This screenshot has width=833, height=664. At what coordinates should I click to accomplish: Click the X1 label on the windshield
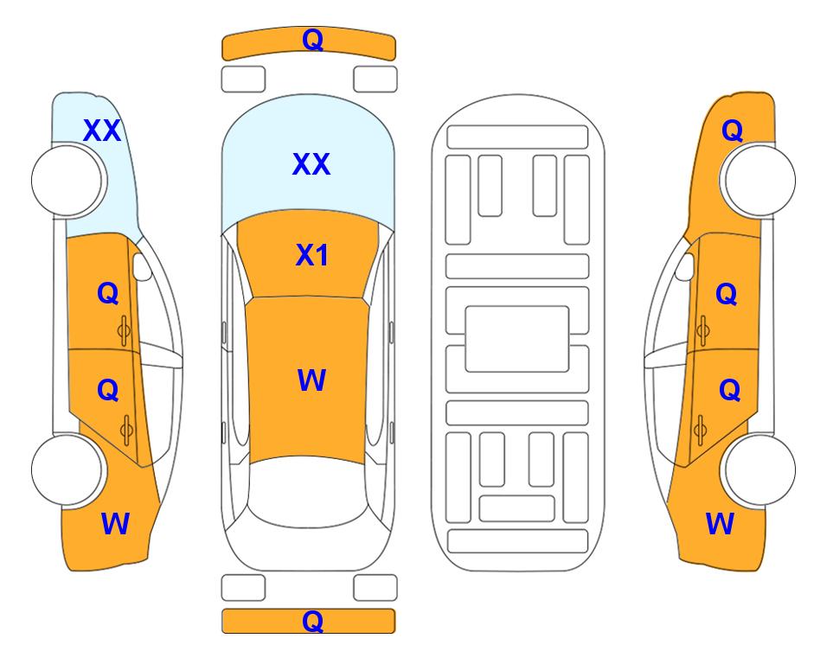click(311, 255)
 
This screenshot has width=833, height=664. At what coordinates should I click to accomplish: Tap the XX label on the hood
click(311, 164)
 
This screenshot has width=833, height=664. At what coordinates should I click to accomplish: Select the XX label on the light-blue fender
click(102, 131)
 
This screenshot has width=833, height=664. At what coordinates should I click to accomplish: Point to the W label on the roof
click(311, 380)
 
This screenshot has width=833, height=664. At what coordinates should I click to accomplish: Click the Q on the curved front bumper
click(312, 39)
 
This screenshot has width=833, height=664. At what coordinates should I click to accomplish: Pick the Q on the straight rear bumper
click(312, 621)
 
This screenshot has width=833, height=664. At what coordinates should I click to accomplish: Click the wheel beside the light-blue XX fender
click(68, 181)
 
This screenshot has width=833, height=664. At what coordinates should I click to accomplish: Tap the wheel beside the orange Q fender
click(758, 180)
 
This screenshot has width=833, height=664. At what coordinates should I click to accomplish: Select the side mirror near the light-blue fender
click(143, 266)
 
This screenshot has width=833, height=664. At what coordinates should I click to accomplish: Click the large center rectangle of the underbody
click(517, 339)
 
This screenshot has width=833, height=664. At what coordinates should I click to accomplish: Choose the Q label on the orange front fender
click(732, 131)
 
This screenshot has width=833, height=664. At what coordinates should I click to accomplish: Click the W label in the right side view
click(720, 523)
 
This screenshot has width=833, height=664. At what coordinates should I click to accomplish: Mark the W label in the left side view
click(115, 523)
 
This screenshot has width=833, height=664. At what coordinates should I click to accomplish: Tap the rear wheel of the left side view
click(68, 469)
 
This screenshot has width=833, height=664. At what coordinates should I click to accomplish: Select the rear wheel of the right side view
click(758, 469)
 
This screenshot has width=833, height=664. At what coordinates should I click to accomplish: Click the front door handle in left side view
click(125, 330)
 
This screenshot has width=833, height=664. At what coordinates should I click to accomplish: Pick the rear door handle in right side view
click(700, 431)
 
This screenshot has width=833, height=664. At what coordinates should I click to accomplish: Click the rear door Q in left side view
click(108, 391)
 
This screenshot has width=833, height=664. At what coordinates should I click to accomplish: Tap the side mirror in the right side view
click(685, 266)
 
